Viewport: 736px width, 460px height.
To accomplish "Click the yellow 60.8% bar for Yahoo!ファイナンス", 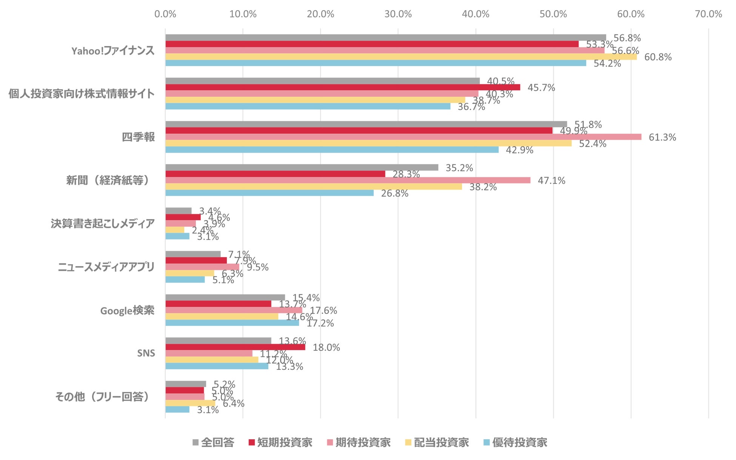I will coord(401,57).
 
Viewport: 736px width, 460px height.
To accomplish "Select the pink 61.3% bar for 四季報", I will coord(403,137).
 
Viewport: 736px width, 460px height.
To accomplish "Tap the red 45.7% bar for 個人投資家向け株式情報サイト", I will coord(343,87).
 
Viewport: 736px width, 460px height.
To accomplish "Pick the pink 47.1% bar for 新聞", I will coord(348,180).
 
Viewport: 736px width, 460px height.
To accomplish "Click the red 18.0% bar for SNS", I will coord(235,347).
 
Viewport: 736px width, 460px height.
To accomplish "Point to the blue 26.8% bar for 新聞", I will coord(269,193).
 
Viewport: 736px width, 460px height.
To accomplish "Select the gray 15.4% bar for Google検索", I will coord(225,297).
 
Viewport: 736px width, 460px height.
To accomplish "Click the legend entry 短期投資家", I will coord(280,443).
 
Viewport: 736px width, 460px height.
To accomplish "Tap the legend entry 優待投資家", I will coord(515,443).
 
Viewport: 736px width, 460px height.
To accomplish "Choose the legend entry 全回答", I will coord(213,443).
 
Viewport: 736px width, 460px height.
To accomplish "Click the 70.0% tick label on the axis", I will coord(708,14).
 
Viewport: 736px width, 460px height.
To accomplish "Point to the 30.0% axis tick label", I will coord(398,14).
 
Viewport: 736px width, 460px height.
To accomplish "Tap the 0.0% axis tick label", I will coord(165,14).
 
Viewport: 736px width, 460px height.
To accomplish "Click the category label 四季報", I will coord(138,137).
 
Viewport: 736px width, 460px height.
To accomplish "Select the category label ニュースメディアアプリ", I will coord(106,267).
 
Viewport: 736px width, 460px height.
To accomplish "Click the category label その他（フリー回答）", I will coord(103,397).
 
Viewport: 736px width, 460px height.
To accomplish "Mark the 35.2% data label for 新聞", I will coord(459,168).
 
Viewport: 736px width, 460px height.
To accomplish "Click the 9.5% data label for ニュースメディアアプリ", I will coord(258,267).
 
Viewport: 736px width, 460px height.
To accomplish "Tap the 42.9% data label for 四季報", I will coord(519,150).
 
